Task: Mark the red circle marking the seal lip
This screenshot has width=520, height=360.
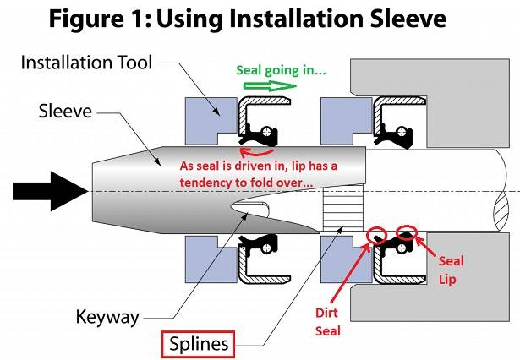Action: click(406, 231)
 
